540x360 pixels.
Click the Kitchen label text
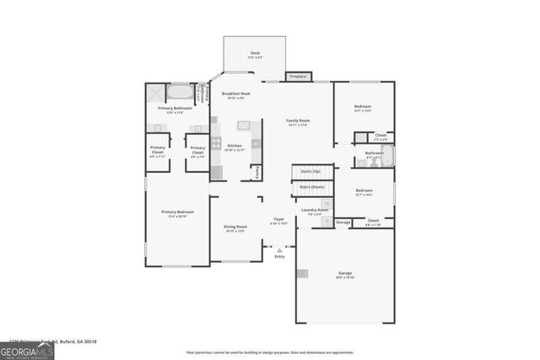(x=235, y=147)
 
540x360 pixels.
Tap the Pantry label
(x=256, y=172)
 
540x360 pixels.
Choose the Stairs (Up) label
(x=311, y=170)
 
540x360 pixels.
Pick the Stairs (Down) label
(x=311, y=187)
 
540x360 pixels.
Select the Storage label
(x=343, y=223)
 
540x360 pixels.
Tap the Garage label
(x=344, y=275)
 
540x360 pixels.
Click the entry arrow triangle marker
(x=278, y=250)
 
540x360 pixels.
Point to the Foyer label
(x=278, y=222)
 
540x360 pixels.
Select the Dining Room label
(x=235, y=228)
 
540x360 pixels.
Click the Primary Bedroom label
(x=178, y=214)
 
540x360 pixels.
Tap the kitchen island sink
(x=245, y=126)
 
